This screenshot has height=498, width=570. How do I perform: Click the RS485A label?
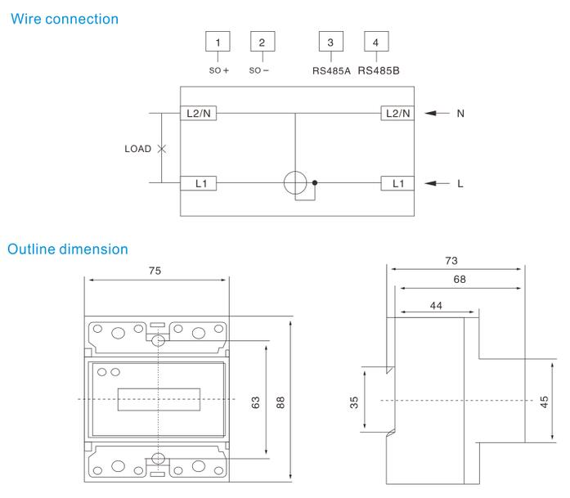pyautogui.click(x=331, y=70)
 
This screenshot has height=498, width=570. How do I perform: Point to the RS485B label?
pyautogui.click(x=379, y=70)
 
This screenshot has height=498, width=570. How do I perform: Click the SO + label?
pyautogui.click(x=218, y=70)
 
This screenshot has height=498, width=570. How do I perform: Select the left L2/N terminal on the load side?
pyautogui.click(x=199, y=114)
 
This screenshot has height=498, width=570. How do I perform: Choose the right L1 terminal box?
pyautogui.click(x=397, y=183)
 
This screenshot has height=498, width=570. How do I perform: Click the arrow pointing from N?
pyautogui.click(x=438, y=114)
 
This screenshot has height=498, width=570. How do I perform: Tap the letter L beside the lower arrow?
pyautogui.click(x=460, y=184)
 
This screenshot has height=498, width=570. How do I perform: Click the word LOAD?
pyautogui.click(x=137, y=149)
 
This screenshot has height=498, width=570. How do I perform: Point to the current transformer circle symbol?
pyautogui.click(x=295, y=183)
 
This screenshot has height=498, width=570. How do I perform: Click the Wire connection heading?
pyautogui.click(x=63, y=18)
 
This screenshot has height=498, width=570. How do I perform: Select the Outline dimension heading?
pyautogui.click(x=68, y=249)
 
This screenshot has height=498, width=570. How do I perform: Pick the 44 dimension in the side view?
pyautogui.click(x=435, y=303)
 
